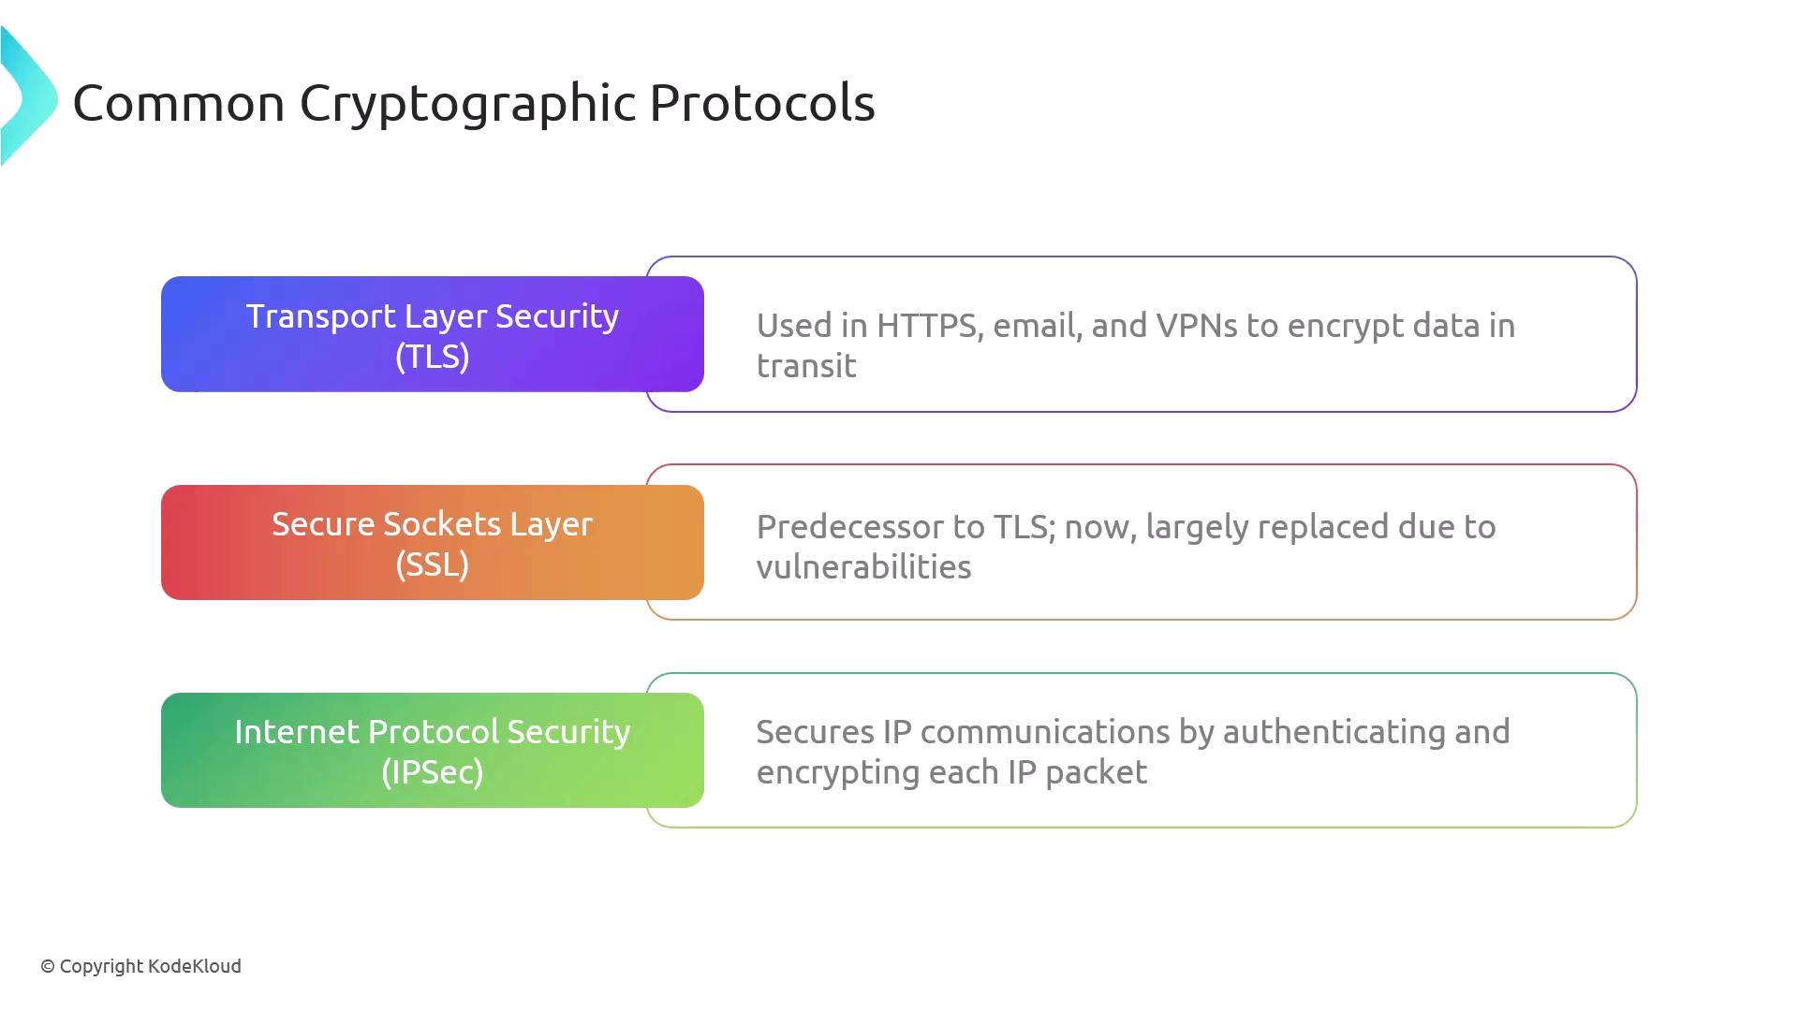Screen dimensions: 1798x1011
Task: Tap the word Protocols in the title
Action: [762, 102]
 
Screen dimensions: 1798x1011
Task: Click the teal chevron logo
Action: [28, 96]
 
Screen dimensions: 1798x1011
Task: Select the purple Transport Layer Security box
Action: [433, 334]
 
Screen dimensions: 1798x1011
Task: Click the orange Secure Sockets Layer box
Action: [433, 542]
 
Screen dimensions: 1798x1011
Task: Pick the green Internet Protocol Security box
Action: [433, 750]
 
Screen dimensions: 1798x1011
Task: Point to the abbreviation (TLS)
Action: [433, 357]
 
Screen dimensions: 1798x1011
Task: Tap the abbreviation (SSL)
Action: [433, 564]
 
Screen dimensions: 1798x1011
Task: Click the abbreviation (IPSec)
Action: [433, 772]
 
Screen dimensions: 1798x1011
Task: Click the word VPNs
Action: [1196, 326]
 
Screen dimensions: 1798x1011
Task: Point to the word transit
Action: [806, 366]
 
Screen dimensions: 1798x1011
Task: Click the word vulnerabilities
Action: [864, 567]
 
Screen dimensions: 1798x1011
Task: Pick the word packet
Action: [1097, 773]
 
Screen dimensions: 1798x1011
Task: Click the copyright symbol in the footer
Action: [48, 966]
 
